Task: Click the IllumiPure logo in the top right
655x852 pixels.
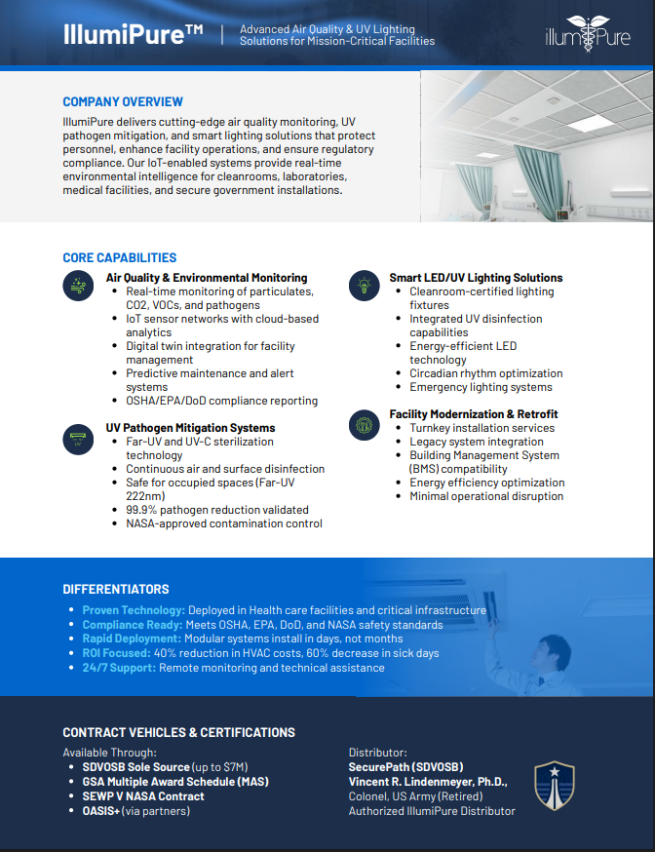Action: pyautogui.click(x=588, y=36)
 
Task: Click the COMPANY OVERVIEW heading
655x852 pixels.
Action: pyautogui.click(x=123, y=102)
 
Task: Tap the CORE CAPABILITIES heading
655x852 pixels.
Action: pyautogui.click(x=120, y=258)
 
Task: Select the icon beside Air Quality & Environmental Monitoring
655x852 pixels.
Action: pyautogui.click(x=77, y=285)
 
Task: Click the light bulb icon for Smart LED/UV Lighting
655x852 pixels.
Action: pyautogui.click(x=364, y=285)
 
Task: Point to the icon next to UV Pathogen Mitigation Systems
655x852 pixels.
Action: pyautogui.click(x=77, y=439)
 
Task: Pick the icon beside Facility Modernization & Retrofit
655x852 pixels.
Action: pyautogui.click(x=364, y=424)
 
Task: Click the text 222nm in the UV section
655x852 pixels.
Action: pyautogui.click(x=145, y=496)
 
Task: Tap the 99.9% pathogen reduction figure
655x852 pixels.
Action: pyautogui.click(x=142, y=510)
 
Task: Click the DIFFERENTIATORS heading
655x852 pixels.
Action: pyautogui.click(x=116, y=590)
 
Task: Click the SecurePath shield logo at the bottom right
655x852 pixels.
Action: pyautogui.click(x=554, y=786)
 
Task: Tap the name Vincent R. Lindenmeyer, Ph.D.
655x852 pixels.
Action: pyautogui.click(x=428, y=782)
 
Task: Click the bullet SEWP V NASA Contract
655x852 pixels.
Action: pyautogui.click(x=143, y=796)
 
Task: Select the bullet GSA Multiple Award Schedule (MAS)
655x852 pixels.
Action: pyautogui.click(x=174, y=782)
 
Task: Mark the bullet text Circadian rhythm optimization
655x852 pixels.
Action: pyautogui.click(x=485, y=373)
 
